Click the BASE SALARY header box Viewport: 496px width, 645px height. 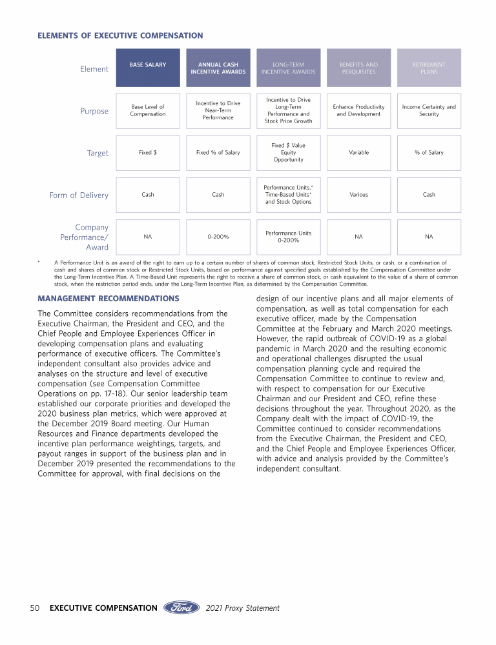pos(148,68)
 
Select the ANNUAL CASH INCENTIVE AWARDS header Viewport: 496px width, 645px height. pos(218,68)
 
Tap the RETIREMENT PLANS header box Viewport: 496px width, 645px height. pos(429,68)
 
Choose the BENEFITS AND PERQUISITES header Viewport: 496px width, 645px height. pos(358,68)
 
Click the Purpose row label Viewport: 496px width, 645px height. pos(94,111)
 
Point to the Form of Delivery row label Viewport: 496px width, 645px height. pos(79,195)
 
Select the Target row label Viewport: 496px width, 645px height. pos(98,154)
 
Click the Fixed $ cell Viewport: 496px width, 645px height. pos(148,153)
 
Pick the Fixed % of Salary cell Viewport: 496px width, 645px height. pos(218,153)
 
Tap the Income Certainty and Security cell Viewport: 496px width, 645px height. pos(429,110)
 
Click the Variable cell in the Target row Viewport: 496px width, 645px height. pos(358,153)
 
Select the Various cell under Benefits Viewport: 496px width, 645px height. pos(358,195)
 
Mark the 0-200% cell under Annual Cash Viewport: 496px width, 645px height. pos(218,237)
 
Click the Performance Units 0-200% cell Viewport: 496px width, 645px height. pos(288,237)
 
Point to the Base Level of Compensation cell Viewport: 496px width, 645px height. pos(148,110)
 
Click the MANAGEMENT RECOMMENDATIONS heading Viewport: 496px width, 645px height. pos(108,299)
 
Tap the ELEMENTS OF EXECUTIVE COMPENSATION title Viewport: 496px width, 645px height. pos(120,35)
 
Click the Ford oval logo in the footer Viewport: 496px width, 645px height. pos(181,608)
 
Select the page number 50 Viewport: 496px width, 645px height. pos(36,608)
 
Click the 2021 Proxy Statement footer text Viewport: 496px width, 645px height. pos(243,608)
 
